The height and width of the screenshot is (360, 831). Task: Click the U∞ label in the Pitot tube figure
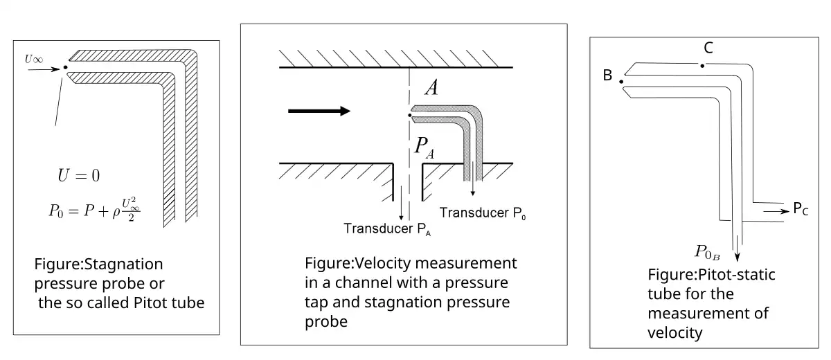click(x=34, y=60)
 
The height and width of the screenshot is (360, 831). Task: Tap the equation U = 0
click(x=78, y=176)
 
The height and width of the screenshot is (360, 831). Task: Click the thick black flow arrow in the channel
click(x=319, y=111)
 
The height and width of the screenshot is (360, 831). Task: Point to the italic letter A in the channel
click(x=431, y=88)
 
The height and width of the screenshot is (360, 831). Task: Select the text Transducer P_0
click(x=482, y=212)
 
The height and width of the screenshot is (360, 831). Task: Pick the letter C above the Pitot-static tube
click(x=708, y=48)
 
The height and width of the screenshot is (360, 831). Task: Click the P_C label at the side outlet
click(x=801, y=209)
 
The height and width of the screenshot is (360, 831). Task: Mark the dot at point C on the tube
click(x=702, y=66)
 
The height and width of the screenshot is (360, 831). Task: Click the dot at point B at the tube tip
click(x=622, y=82)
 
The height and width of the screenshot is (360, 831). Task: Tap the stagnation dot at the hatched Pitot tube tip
click(x=65, y=67)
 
